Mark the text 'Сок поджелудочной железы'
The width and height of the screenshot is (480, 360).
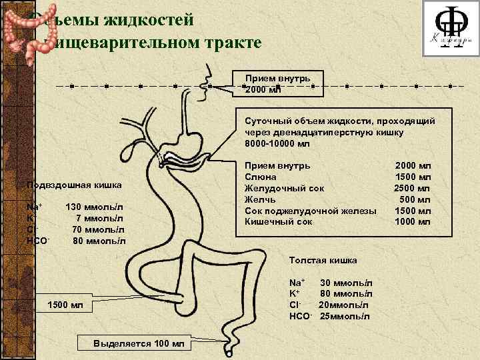coord(311,211)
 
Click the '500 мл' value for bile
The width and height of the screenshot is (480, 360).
coord(415,200)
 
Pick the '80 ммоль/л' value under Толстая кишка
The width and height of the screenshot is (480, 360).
coord(345,295)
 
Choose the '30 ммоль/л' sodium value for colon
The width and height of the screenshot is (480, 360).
coord(345,284)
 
